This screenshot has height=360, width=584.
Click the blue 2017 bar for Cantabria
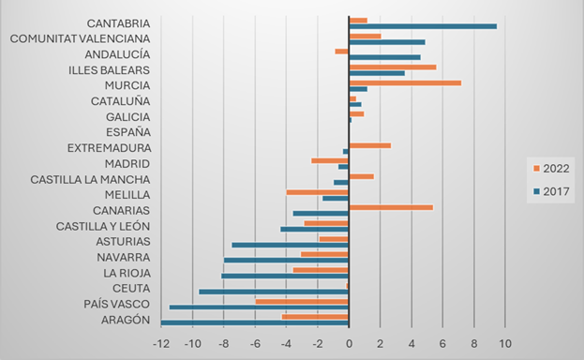[x=422, y=26]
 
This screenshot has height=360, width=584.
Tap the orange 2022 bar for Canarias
[x=390, y=207]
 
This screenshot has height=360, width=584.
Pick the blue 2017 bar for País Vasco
[x=259, y=307]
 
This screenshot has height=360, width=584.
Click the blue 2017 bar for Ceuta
[x=274, y=292]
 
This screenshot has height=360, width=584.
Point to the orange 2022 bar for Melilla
[x=317, y=191]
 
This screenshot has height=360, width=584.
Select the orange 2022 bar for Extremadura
[x=369, y=145]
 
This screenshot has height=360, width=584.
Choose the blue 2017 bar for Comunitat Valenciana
[x=386, y=42]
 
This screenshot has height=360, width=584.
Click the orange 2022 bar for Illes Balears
[x=392, y=67]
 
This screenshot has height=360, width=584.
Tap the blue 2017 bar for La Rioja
[x=285, y=276]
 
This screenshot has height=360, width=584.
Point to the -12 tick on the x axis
[x=160, y=344]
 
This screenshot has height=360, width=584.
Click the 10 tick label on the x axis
[x=504, y=344]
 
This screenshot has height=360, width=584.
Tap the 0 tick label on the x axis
[x=349, y=344]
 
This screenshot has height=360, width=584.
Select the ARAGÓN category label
[x=125, y=320]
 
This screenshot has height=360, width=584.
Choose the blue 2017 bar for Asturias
[x=290, y=245]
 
